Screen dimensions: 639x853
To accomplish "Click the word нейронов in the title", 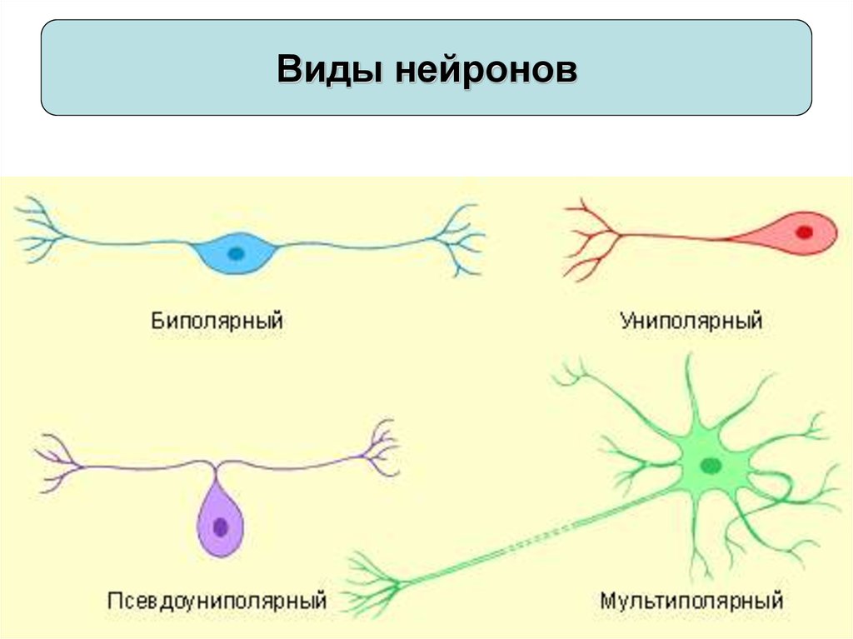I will (x=486, y=69).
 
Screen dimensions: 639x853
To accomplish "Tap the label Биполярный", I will (x=217, y=320).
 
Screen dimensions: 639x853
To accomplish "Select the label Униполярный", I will (x=691, y=320).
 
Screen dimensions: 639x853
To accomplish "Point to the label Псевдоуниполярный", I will (x=217, y=599).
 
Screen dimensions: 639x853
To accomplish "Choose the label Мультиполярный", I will (x=691, y=599).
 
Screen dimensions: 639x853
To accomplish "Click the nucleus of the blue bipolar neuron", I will (x=237, y=252).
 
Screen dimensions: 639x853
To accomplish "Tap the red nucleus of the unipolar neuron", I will (x=803, y=232).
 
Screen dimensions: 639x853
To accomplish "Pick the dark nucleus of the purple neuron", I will (x=221, y=527).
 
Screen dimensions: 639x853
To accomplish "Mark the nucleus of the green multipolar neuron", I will (x=711, y=466).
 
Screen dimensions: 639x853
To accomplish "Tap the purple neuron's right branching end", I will (x=379, y=450).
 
